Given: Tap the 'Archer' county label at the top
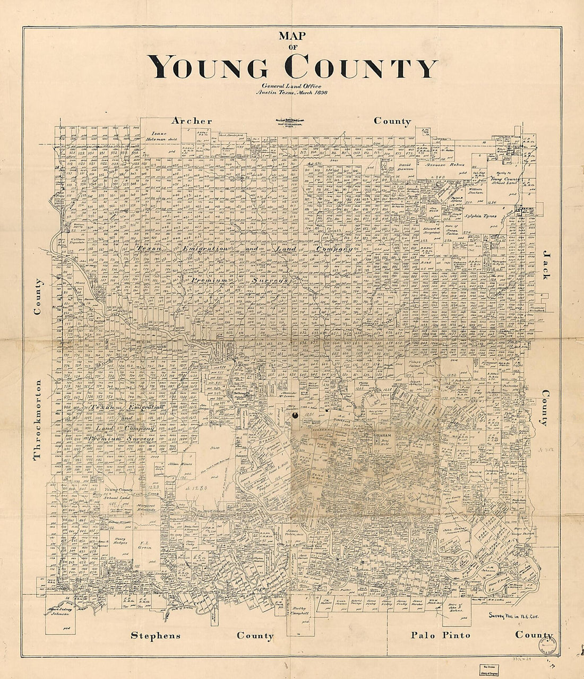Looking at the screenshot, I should click(191, 121).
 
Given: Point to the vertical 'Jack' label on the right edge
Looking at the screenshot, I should click(545, 266).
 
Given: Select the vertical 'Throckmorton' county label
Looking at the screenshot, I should click(37, 420).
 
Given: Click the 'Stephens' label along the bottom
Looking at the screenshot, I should click(156, 635).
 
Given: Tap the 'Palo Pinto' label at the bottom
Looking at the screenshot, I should click(441, 635).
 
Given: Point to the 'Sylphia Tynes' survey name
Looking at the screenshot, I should click(482, 217).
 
